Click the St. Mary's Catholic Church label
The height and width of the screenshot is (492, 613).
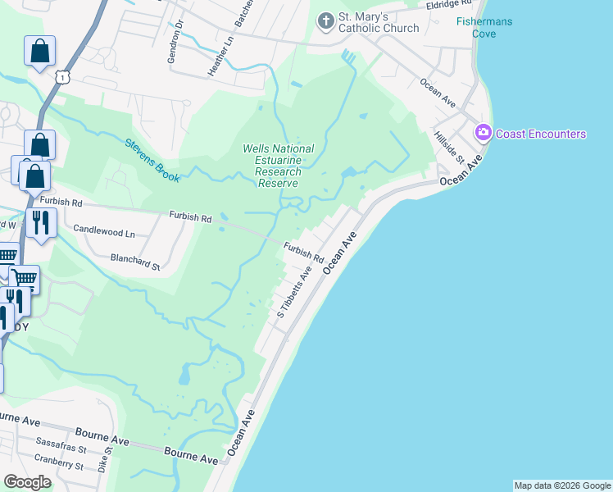click(379, 22)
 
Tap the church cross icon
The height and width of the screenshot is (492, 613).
click(326, 21)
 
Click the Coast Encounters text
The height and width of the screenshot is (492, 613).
click(542, 134)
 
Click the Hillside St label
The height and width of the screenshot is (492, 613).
click(449, 147)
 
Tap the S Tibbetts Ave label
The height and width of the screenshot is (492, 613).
click(293, 291)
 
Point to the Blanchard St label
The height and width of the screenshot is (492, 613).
click(135, 261)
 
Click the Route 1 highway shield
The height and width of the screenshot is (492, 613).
click(62, 76)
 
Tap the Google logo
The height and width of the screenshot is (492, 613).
click(28, 482)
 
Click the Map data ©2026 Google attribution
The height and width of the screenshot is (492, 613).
click(561, 485)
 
